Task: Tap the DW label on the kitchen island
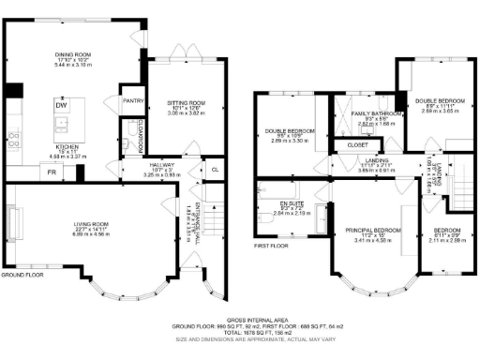(x=61, y=106)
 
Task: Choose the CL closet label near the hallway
(x=215, y=169)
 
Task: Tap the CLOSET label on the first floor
(x=356, y=145)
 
